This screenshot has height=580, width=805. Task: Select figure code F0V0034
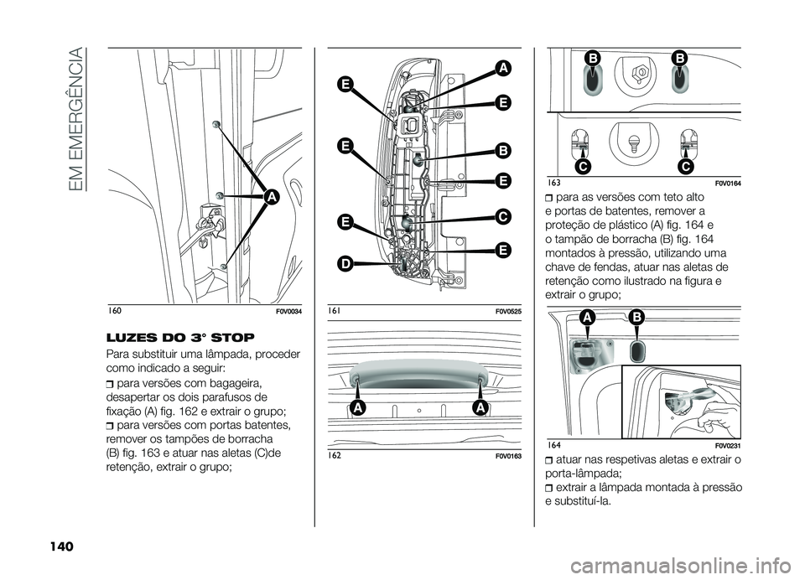tap(285, 312)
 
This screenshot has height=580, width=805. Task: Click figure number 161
tap(335, 311)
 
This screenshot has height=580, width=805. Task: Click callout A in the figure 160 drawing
tap(271, 198)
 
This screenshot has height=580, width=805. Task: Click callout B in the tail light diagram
tap(503, 150)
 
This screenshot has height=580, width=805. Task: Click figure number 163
tap(553, 182)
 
